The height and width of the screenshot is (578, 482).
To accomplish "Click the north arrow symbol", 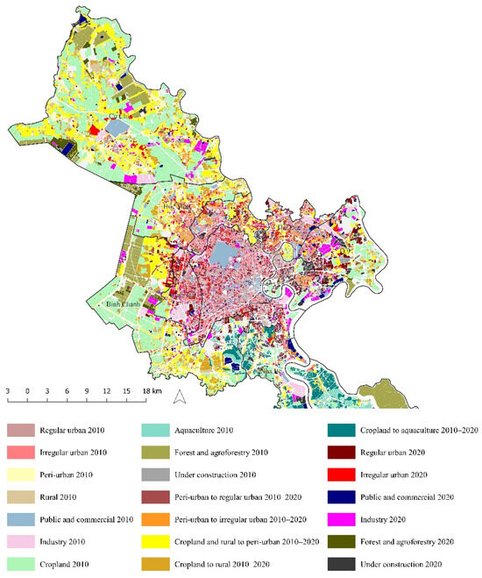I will pyautogui.click(x=179, y=397).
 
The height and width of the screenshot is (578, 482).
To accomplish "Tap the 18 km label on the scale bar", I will pyautogui.click(x=151, y=389).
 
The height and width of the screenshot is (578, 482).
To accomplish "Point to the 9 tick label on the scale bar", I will pyautogui.click(x=87, y=389).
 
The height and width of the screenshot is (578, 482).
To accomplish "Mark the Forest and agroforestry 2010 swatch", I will pyautogui.click(x=155, y=452).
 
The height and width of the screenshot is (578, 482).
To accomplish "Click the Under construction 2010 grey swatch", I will pyautogui.click(x=155, y=474).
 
